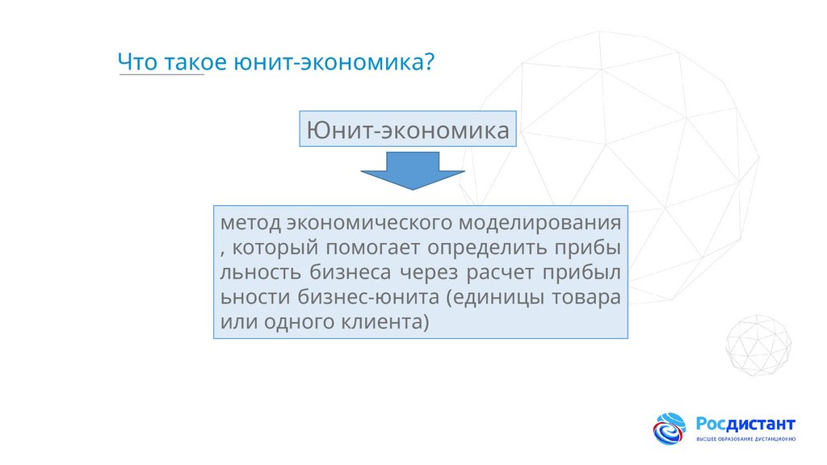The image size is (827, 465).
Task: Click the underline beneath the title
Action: point(162,76)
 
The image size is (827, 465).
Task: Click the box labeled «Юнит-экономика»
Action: point(408,129)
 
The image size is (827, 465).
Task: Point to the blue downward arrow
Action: point(412,171)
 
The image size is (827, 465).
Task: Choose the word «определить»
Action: point(494,247)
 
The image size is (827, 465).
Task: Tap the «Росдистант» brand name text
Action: point(745,424)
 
